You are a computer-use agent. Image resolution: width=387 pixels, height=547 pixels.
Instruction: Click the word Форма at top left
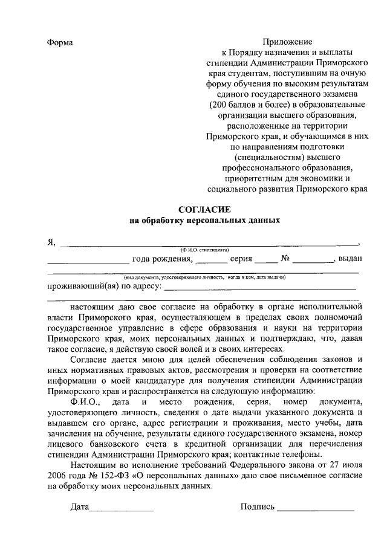pos(60,43)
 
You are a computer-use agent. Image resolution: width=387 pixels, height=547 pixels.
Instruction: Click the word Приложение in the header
pos(287,43)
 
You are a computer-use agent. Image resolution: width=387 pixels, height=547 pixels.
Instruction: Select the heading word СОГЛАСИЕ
pos(205,209)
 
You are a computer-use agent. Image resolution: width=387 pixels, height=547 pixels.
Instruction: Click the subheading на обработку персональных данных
pos(205,221)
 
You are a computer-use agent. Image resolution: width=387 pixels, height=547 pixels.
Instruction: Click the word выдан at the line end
pos(350,259)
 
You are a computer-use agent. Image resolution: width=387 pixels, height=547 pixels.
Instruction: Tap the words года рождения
pos(162,259)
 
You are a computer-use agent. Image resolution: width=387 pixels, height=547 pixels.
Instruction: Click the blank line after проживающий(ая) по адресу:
pos(260,288)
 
